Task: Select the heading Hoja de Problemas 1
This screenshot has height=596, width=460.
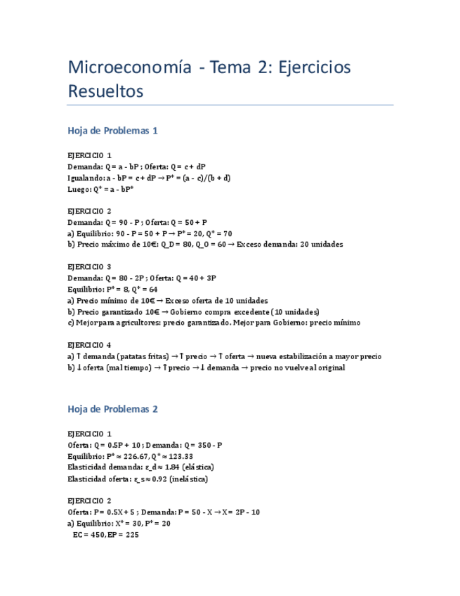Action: (112, 131)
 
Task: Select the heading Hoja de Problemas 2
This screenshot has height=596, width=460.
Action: (112, 409)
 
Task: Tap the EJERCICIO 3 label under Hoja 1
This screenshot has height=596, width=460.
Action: (89, 267)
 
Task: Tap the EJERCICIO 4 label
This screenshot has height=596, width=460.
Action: (89, 345)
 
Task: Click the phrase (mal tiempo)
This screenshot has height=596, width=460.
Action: (125, 368)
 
